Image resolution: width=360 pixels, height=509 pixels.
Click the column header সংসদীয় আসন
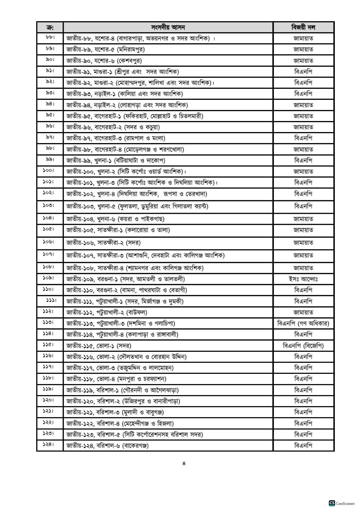coord(168,27)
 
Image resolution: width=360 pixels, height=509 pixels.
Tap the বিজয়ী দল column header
coord(303,27)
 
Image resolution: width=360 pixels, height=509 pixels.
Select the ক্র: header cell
coord(50,27)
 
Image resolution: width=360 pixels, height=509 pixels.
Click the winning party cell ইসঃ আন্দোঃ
coord(303,279)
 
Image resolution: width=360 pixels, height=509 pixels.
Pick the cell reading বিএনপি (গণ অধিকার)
coord(303,323)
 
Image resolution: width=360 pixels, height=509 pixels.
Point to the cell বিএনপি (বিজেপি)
coord(303,346)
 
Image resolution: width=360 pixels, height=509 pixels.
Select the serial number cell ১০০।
coord(50,171)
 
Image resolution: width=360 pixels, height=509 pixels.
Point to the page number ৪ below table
coord(184,463)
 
